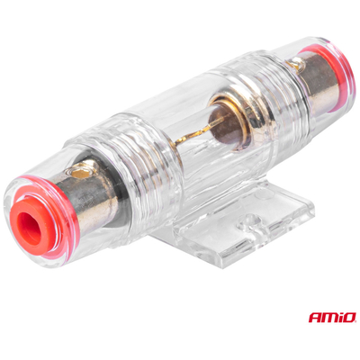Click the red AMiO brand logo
pyautogui.click(x=332, y=317)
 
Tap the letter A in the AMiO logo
pyautogui.click(x=314, y=318)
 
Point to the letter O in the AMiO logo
pyautogui.click(x=349, y=318)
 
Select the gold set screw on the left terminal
pyautogui.click(x=80, y=172)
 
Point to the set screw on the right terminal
pyautogui.click(x=296, y=64)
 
